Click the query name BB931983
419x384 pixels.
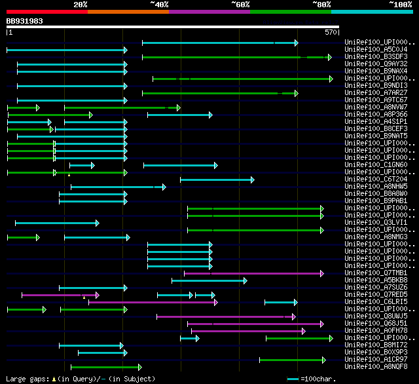point(24,21)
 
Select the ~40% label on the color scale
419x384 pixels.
point(159,5)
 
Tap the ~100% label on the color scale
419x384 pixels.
point(400,5)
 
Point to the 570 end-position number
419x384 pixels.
point(331,31)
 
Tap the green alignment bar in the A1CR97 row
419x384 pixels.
point(292,360)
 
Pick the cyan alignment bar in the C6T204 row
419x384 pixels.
point(217,180)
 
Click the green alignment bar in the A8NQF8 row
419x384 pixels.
point(105,367)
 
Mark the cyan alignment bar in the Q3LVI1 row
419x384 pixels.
point(56,223)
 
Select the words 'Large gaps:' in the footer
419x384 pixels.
point(26,379)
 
